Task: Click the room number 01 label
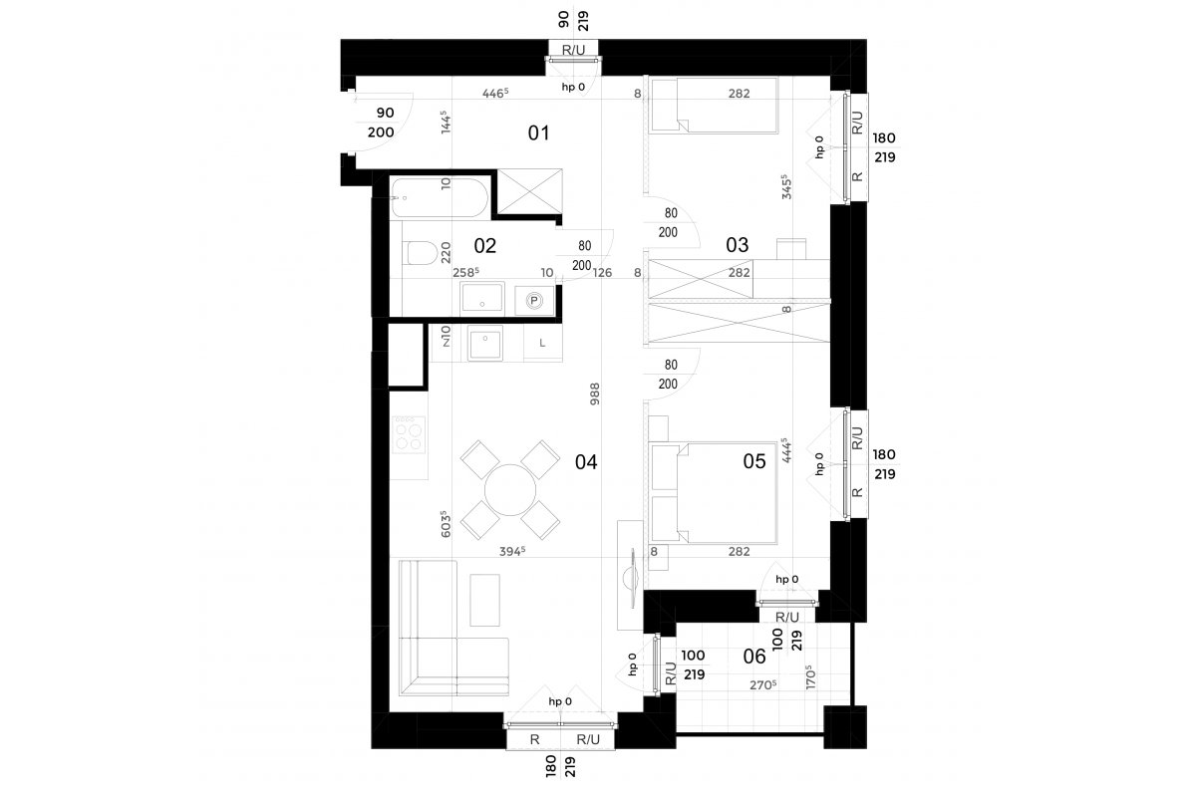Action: [538, 133]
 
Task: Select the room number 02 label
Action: [484, 245]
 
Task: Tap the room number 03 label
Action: [737, 245]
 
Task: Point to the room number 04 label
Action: [586, 461]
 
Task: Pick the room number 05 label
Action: [753, 461]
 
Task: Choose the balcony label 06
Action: [753, 657]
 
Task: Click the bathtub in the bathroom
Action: [439, 198]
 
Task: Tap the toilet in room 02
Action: [420, 253]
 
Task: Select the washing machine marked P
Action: [534, 301]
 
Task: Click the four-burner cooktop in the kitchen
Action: [409, 434]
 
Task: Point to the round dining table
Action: [510, 489]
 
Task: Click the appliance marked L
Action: [542, 343]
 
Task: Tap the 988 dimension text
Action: [595, 394]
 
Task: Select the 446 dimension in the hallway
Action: [495, 94]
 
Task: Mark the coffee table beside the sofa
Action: [484, 600]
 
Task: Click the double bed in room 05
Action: [714, 493]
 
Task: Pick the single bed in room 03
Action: [714, 106]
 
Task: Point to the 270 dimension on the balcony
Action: [762, 684]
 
